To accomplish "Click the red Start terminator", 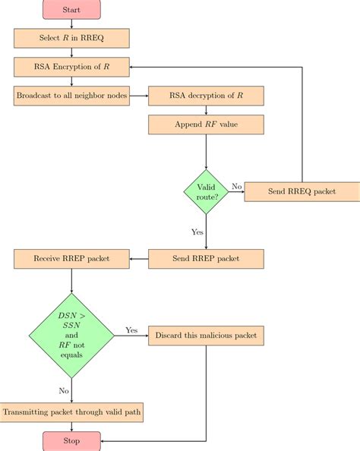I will click(71, 10).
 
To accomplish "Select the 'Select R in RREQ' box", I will click(71, 38).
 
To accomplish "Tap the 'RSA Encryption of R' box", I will click(71, 67).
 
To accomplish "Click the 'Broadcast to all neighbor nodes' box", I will click(71, 96).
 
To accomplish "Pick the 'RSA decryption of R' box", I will click(206, 96).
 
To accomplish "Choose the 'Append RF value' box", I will click(206, 125).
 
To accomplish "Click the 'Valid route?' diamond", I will click(206, 192).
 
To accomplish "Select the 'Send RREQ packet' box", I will click(302, 192).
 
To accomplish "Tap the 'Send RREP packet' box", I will click(206, 259).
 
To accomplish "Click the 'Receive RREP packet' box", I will click(71, 259).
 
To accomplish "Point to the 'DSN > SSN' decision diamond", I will click(71, 335).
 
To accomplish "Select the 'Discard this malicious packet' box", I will click(206, 335).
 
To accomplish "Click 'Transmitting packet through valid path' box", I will click(71, 412).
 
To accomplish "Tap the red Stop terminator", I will click(71, 440).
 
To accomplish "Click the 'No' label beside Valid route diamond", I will click(236, 186).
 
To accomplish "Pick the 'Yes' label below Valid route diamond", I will click(197, 232).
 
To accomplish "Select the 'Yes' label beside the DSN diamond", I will click(131, 330).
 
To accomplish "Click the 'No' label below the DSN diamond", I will click(63, 390).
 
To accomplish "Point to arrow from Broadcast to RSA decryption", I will click(138, 96).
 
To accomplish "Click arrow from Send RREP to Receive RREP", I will click(138, 259).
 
